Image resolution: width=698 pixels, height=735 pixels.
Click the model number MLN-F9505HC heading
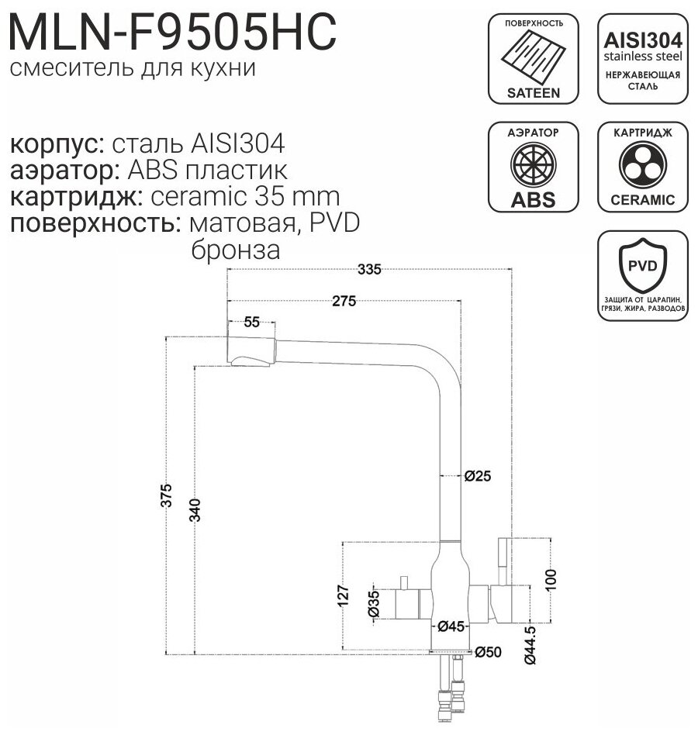click(172, 33)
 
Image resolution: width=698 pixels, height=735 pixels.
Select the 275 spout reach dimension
click(344, 302)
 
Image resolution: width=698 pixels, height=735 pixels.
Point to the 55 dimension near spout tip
click(251, 323)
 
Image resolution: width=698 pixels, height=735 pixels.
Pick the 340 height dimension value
click(195, 512)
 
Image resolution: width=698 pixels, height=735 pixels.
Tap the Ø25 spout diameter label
click(478, 476)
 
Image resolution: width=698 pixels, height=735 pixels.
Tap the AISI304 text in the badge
click(642, 40)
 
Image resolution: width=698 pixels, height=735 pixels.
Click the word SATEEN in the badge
click(533, 91)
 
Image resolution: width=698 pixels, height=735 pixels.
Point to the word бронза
click(233, 250)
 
